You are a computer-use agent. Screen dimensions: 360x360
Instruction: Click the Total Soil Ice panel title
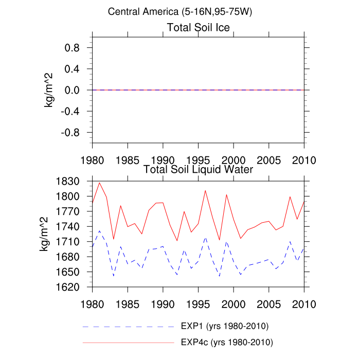click(x=198, y=27)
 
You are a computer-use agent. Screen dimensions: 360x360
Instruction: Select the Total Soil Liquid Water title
click(x=198, y=169)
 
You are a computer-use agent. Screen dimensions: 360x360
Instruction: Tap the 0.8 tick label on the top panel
click(x=76, y=48)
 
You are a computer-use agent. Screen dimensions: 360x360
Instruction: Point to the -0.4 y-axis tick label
click(x=74, y=111)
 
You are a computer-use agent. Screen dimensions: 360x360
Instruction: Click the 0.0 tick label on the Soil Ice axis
click(x=76, y=90)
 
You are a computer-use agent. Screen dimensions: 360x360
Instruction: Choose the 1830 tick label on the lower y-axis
click(x=68, y=182)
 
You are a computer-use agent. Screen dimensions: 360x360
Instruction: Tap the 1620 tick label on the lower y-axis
click(x=68, y=287)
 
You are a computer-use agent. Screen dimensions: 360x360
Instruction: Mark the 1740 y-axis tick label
click(x=68, y=227)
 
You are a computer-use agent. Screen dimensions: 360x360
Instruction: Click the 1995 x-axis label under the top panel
click(x=198, y=159)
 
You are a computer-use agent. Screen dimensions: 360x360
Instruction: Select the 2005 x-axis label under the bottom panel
click(x=268, y=303)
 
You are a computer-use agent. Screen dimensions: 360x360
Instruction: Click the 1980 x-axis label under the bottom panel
click(x=92, y=303)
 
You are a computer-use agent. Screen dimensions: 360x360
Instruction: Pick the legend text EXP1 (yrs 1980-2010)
click(x=225, y=326)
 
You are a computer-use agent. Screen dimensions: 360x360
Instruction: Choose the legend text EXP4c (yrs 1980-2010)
click(x=227, y=341)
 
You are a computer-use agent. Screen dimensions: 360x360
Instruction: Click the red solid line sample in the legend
click(x=129, y=341)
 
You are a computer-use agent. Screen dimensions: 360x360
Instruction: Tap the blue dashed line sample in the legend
click(x=129, y=327)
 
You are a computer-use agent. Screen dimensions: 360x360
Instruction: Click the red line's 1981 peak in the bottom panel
click(x=99, y=183)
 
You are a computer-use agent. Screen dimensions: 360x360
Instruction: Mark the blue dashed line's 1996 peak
click(x=205, y=238)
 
